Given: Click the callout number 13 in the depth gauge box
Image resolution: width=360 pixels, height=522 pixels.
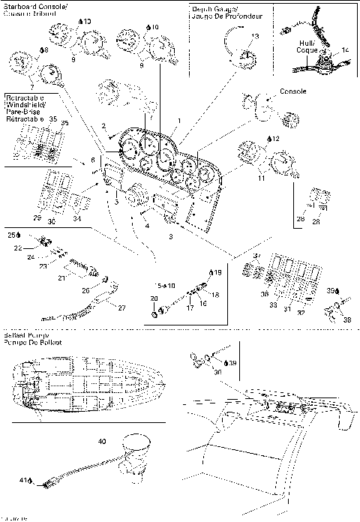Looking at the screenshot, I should point(255,36).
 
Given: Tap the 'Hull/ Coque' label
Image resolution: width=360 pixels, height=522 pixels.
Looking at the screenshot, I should point(307,46).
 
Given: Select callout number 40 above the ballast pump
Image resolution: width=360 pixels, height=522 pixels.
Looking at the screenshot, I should point(101,442).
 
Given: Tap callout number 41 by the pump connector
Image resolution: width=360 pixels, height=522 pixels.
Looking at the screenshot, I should point(22,480).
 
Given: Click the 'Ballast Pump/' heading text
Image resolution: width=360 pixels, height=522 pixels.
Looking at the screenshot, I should point(24,334).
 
